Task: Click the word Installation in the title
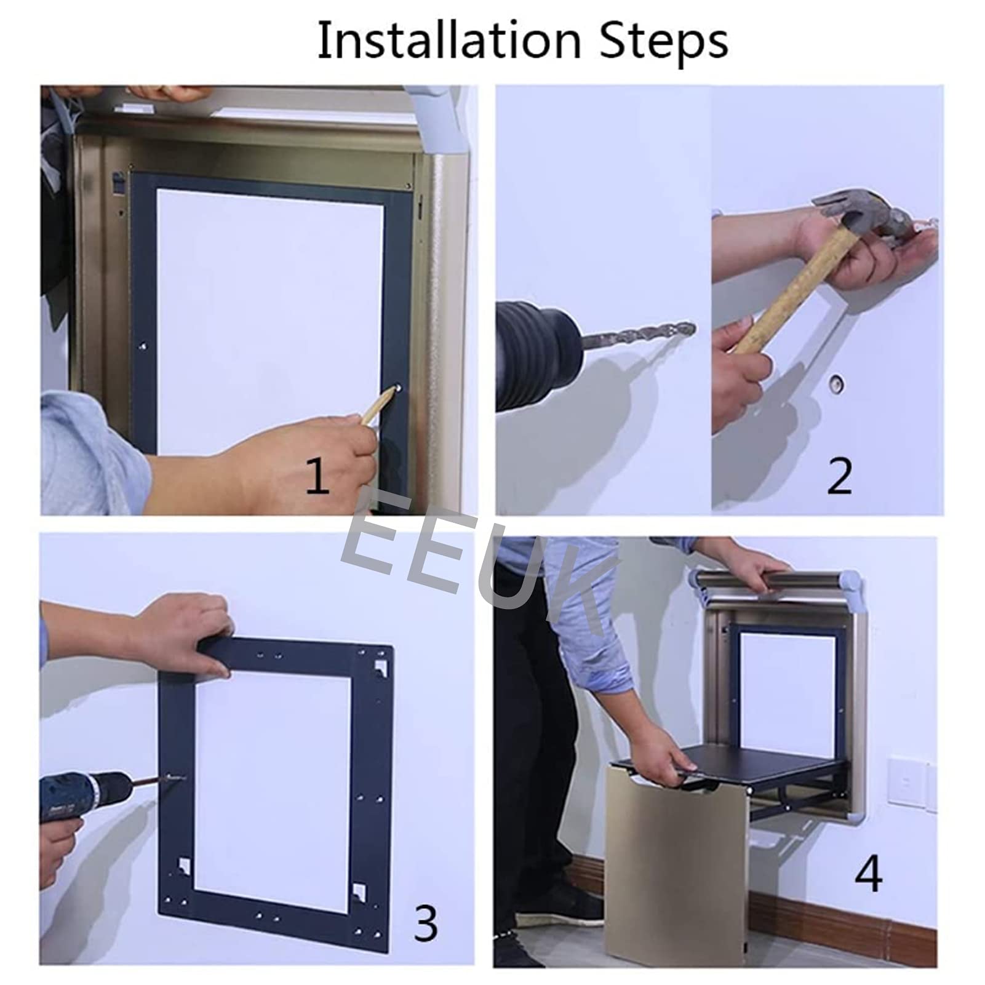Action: [449, 41]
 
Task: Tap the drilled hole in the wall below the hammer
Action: [835, 385]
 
